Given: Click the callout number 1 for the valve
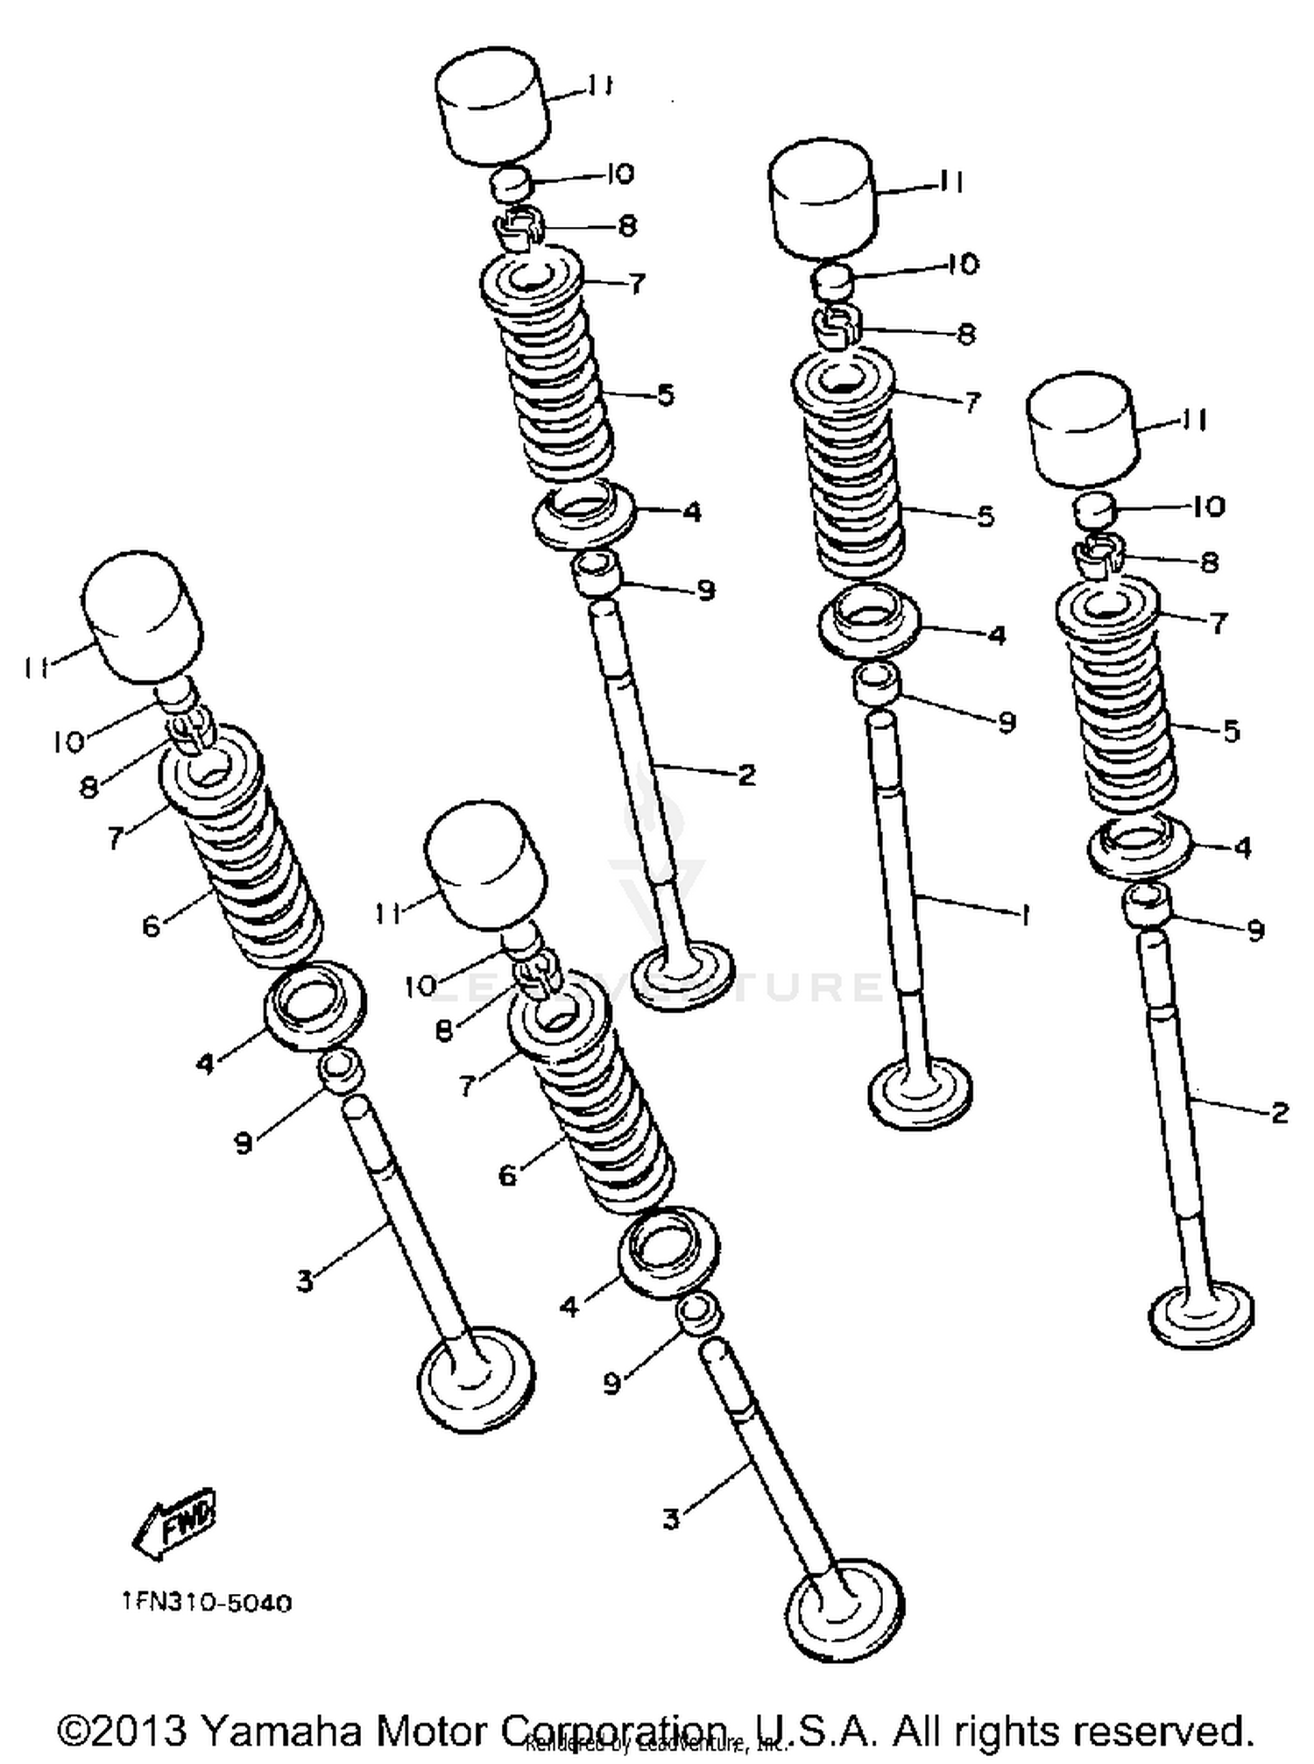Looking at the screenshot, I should [1022, 915].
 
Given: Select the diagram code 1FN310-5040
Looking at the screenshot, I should [207, 1603].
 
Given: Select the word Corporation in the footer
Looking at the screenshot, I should [613, 1730].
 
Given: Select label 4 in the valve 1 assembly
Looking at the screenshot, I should [996, 635].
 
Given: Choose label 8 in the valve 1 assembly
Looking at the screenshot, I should [965, 333].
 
